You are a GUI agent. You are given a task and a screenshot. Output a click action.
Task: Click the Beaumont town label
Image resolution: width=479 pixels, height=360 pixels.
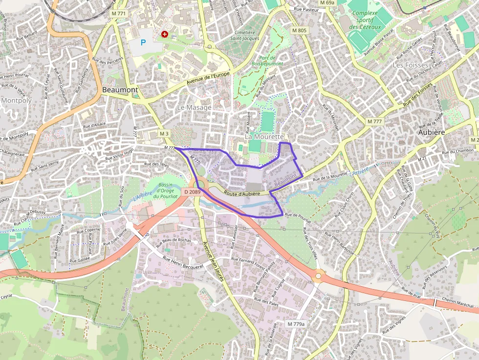[120, 90]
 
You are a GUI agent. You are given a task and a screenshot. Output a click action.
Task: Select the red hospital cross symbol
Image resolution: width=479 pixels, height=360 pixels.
[165, 34]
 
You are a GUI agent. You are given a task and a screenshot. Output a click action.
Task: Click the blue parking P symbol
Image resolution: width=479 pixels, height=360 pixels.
[143, 42]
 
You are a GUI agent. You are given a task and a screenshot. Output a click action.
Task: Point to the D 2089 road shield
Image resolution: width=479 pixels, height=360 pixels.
[193, 192]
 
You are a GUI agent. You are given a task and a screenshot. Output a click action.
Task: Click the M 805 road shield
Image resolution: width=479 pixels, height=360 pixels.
[299, 30]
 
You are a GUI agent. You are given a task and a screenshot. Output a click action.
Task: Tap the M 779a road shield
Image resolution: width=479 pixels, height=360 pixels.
[296, 324]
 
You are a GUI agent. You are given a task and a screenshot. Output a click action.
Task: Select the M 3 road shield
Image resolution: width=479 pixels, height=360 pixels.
[164, 133]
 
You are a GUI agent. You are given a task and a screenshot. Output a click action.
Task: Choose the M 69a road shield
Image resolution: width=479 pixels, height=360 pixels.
[327, 3]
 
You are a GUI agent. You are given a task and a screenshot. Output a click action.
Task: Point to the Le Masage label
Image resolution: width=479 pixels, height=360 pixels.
[194, 107]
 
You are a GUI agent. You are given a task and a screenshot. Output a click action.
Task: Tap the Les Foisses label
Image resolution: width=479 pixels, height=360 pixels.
[411, 65]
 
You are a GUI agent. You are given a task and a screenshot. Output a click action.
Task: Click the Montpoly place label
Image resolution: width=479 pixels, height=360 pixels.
[16, 101]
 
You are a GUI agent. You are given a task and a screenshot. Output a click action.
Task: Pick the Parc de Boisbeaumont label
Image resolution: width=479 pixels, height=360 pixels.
[267, 60]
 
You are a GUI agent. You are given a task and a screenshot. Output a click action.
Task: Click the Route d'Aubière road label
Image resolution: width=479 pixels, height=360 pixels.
[242, 193]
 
